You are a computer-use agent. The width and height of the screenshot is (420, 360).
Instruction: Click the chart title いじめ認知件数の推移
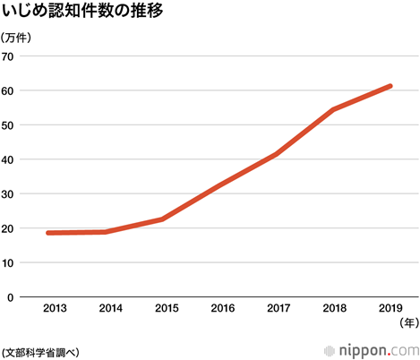tap(87, 13)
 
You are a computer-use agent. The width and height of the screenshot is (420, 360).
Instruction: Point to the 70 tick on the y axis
tap(9, 56)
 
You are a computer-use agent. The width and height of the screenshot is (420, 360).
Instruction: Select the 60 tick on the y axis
tap(9, 91)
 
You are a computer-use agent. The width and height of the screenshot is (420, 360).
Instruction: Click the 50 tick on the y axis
tap(9, 125)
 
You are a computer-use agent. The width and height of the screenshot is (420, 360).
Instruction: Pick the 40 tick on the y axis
tap(9, 160)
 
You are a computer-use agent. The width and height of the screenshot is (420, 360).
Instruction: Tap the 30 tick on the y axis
tap(9, 194)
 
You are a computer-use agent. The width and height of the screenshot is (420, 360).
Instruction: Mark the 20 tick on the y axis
tap(9, 228)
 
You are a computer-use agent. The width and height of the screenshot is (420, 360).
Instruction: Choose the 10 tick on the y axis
tap(9, 263)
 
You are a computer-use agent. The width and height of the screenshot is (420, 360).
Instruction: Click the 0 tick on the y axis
tap(12, 297)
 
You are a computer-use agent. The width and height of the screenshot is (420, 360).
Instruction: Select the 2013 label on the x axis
tap(56, 308)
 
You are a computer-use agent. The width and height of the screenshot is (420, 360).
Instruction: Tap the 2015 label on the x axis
tap(167, 308)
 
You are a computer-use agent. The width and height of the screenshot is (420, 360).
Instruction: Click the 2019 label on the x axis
tap(390, 308)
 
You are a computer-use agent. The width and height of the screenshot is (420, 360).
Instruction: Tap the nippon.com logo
tap(376, 348)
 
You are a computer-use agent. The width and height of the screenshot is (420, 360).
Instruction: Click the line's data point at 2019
tap(390, 86)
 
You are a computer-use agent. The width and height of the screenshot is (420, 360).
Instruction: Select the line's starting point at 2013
tap(48, 233)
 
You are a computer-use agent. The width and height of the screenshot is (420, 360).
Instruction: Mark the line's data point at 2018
tap(333, 109)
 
